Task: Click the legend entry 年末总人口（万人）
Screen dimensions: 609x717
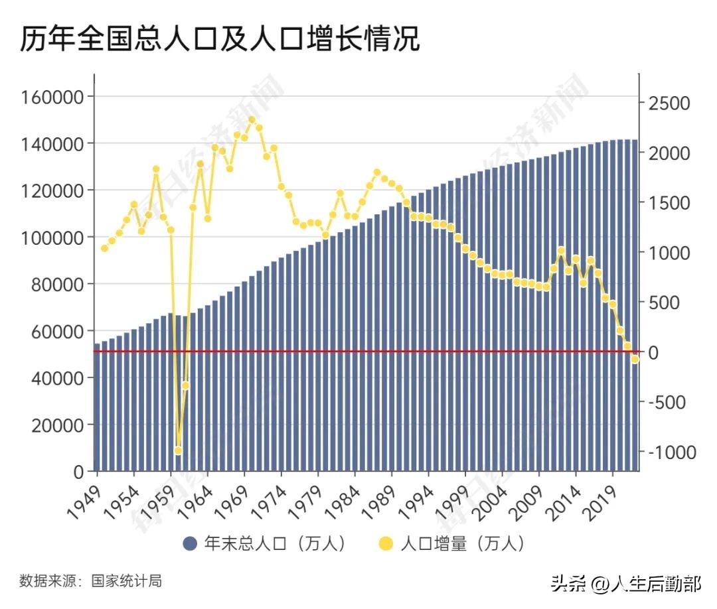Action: tap(266, 544)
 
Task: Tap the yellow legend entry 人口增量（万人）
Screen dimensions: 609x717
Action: tap(453, 544)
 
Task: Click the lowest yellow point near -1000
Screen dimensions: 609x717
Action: tap(178, 450)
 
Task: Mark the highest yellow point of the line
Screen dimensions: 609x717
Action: tap(252, 120)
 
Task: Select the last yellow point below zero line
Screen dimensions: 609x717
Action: tap(635, 359)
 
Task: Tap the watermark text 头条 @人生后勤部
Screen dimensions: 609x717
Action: tap(625, 584)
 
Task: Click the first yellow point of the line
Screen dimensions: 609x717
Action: tap(104, 248)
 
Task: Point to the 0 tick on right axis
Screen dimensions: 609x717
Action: tap(655, 352)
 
